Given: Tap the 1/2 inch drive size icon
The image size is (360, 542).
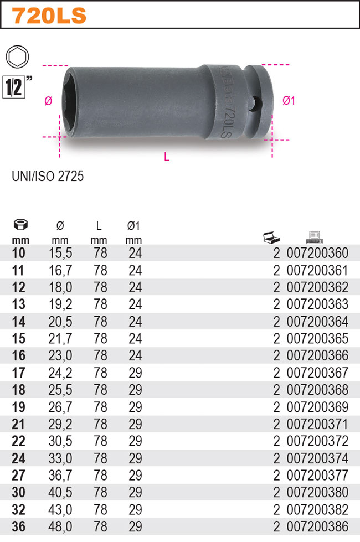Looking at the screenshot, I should (x=14, y=87).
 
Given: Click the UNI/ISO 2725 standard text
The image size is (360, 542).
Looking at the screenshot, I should (x=48, y=177).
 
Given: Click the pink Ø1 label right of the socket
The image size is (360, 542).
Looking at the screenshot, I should (x=289, y=100).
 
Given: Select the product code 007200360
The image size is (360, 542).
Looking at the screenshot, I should (x=318, y=254).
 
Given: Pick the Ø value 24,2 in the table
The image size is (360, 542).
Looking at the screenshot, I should (x=60, y=373).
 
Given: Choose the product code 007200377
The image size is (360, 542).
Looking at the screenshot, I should (x=318, y=476).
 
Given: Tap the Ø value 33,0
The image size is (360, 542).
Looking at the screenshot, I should (x=60, y=458).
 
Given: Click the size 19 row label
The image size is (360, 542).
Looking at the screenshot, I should (x=18, y=407).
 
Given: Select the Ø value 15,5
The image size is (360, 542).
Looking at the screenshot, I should (x=60, y=254).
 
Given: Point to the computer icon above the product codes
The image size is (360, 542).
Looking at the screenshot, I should (x=314, y=238).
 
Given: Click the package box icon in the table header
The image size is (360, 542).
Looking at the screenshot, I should (x=271, y=238).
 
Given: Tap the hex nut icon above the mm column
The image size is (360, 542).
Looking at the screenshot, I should (x=20, y=225).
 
